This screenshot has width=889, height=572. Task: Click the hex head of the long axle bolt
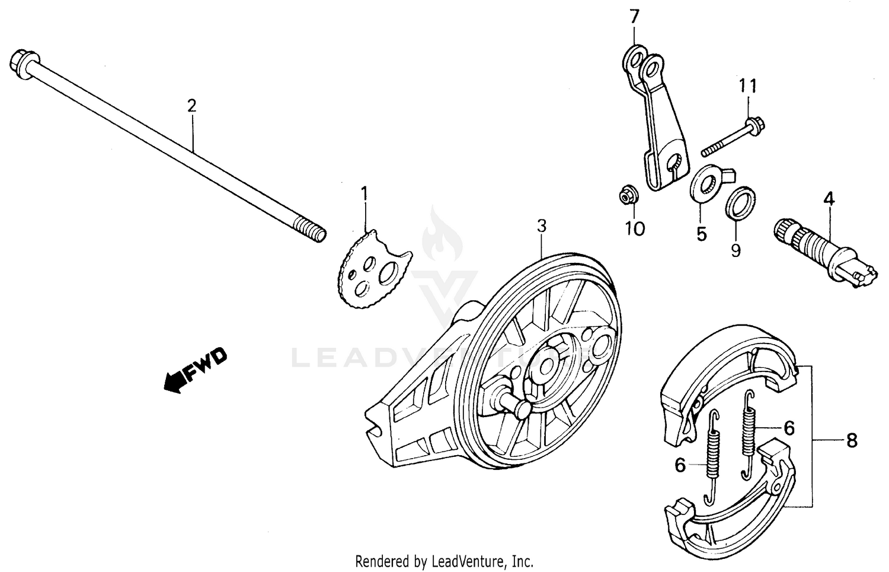click(23, 62)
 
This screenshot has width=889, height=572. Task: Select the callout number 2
click(191, 106)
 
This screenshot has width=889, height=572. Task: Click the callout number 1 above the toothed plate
click(364, 193)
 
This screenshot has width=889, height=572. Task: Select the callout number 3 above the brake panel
click(541, 226)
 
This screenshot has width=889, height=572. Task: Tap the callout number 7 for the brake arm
click(634, 17)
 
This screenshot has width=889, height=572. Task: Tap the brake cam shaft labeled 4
click(824, 252)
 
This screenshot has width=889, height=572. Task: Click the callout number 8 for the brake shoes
click(851, 441)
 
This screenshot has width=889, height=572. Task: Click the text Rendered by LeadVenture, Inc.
click(444, 561)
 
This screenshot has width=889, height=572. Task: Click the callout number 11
click(747, 87)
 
